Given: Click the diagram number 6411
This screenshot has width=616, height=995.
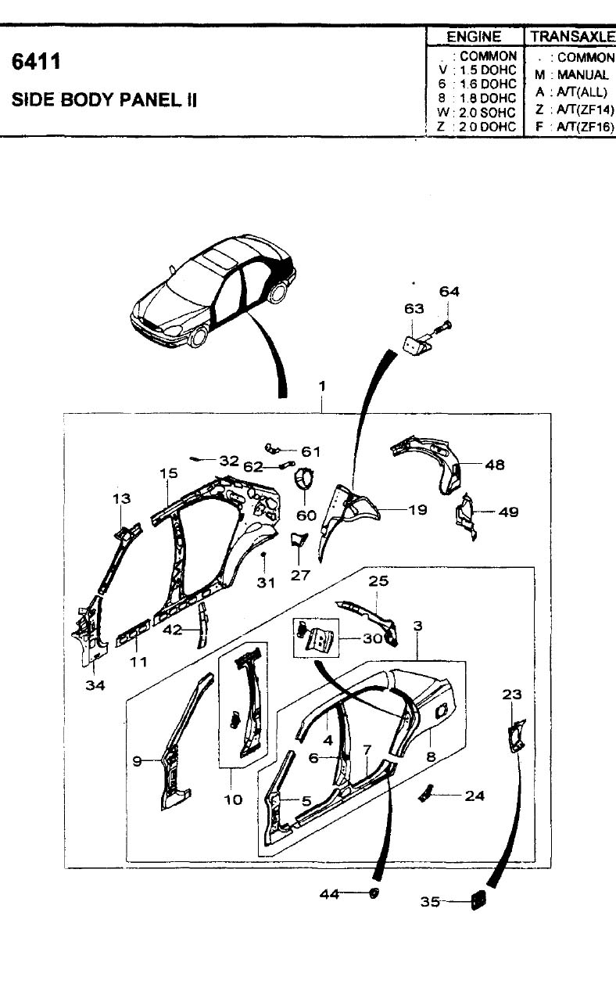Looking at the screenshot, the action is point(36,62).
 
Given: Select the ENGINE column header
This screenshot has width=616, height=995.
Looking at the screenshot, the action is point(474,37).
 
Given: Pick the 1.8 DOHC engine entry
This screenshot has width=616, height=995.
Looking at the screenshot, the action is point(488,98).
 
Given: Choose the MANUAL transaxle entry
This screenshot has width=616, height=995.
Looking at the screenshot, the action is point(582,74).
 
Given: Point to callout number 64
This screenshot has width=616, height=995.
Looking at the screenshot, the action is point(449,292).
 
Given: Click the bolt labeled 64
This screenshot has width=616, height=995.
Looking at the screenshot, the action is point(441,329).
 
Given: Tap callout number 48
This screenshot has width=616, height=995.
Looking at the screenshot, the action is point(495,465).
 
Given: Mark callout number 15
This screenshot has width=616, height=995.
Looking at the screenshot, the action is point(169,473).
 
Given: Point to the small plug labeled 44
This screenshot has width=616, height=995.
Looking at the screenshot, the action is point(374,893).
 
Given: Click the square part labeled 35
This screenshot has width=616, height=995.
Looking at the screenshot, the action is point(478,901).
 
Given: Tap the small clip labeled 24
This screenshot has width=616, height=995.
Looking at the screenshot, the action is point(425,793).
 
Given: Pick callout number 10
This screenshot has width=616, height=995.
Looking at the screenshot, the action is point(232,800).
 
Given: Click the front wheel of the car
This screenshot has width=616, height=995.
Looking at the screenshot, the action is point(199,336).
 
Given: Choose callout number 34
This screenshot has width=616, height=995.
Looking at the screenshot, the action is point(95,685).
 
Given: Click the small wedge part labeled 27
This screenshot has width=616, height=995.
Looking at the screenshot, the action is point(298,540).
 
